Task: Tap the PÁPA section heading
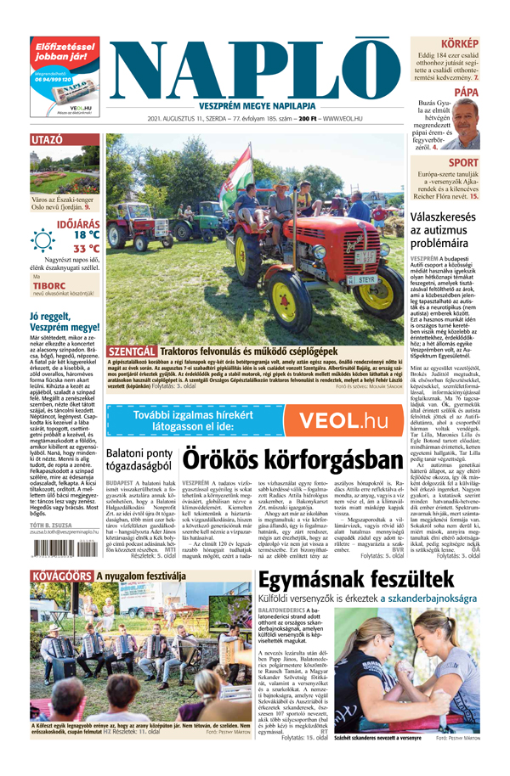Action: point(466,91)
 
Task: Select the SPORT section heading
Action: point(463,162)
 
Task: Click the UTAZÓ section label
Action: point(47,139)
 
